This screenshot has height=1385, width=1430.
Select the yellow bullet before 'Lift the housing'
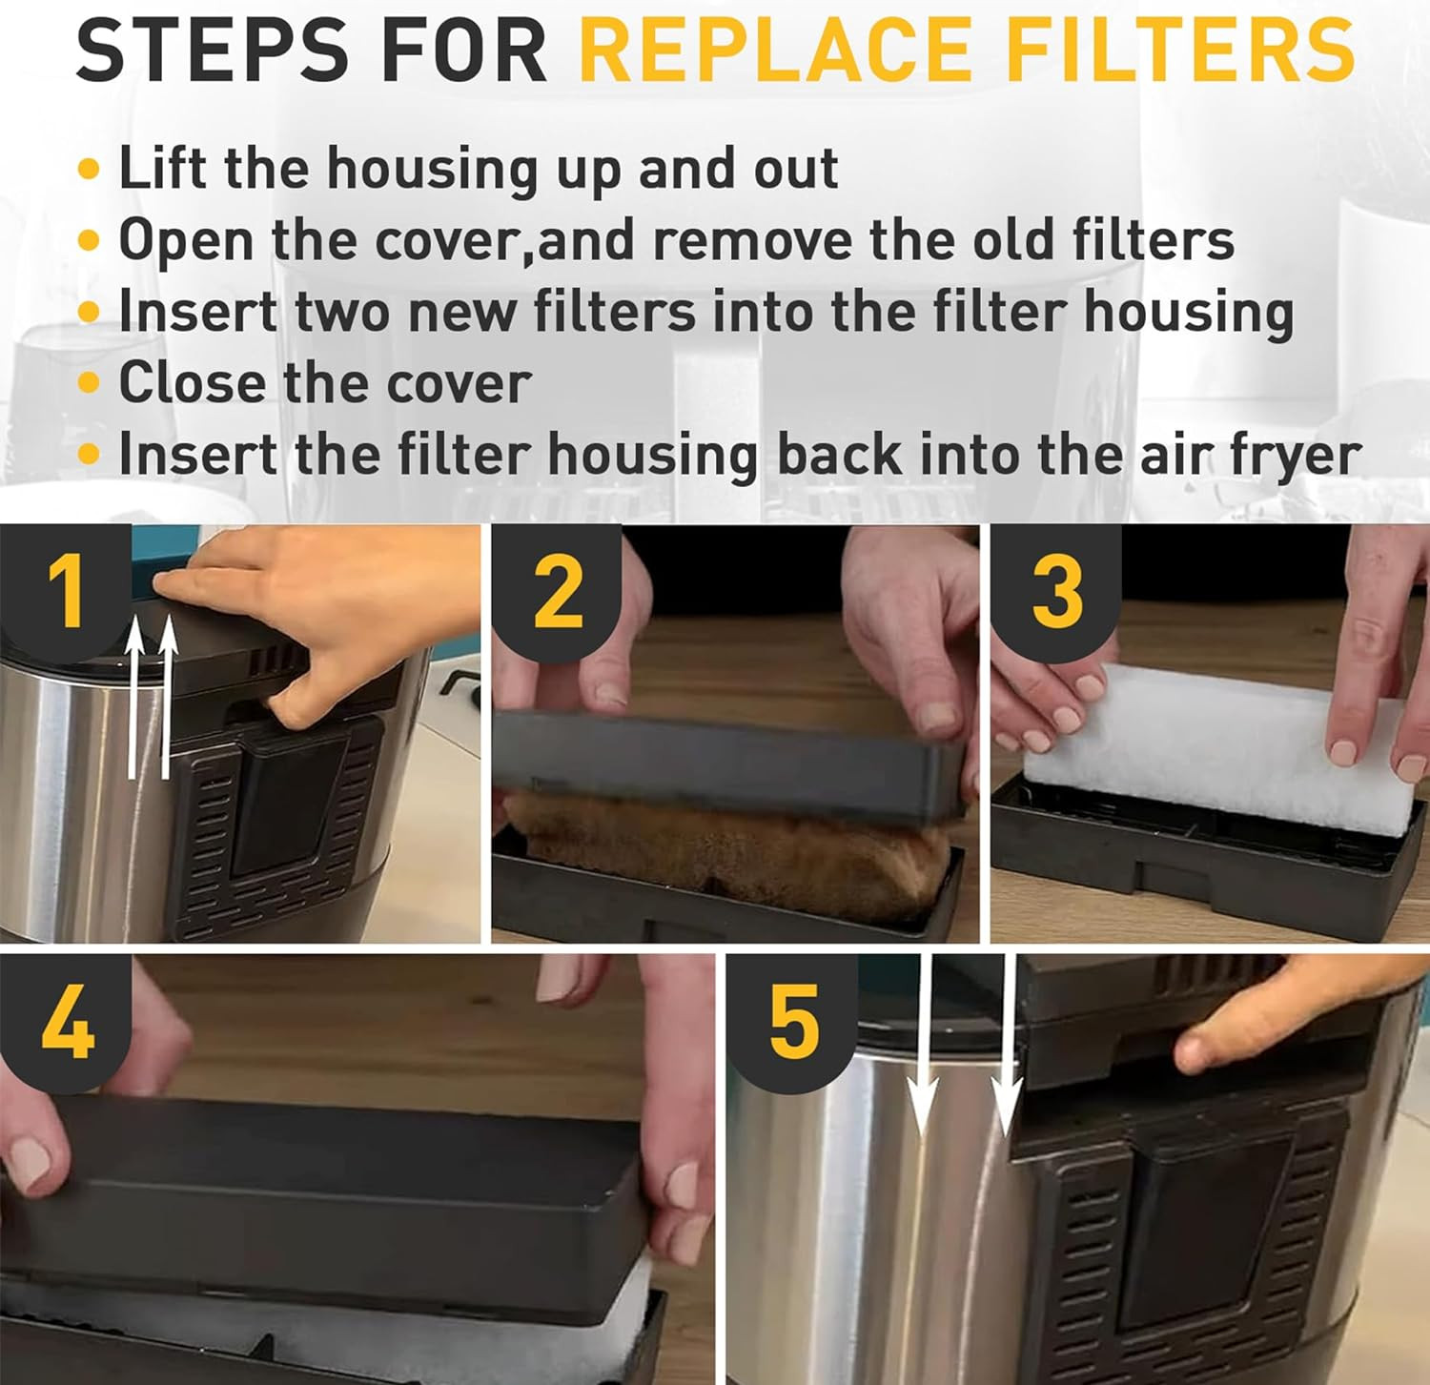click(89, 170)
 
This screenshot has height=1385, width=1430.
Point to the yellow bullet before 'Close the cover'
click(89, 383)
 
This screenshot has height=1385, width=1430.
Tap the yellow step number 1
click(67, 591)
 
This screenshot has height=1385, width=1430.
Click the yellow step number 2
click(559, 591)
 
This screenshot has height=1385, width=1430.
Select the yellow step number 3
click(1057, 591)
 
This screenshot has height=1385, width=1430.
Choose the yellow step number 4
click(67, 1023)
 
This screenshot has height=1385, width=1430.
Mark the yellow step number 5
click(793, 1023)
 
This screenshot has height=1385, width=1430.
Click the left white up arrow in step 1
click(135, 696)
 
